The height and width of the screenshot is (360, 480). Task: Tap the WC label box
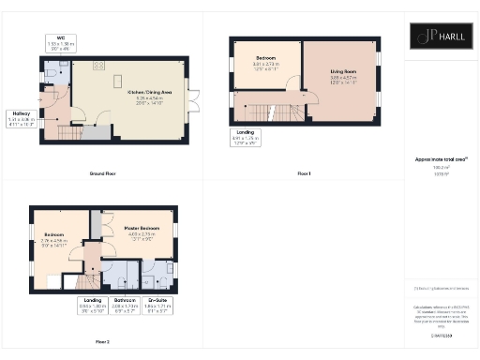(60, 43)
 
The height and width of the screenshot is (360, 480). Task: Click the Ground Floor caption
(103, 174)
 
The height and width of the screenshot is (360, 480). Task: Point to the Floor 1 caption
(304, 174)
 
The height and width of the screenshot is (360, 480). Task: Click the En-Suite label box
(158, 305)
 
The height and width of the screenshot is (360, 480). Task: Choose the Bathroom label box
(125, 305)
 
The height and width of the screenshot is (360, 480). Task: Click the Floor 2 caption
(101, 341)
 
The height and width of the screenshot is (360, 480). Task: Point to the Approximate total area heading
(441, 161)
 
